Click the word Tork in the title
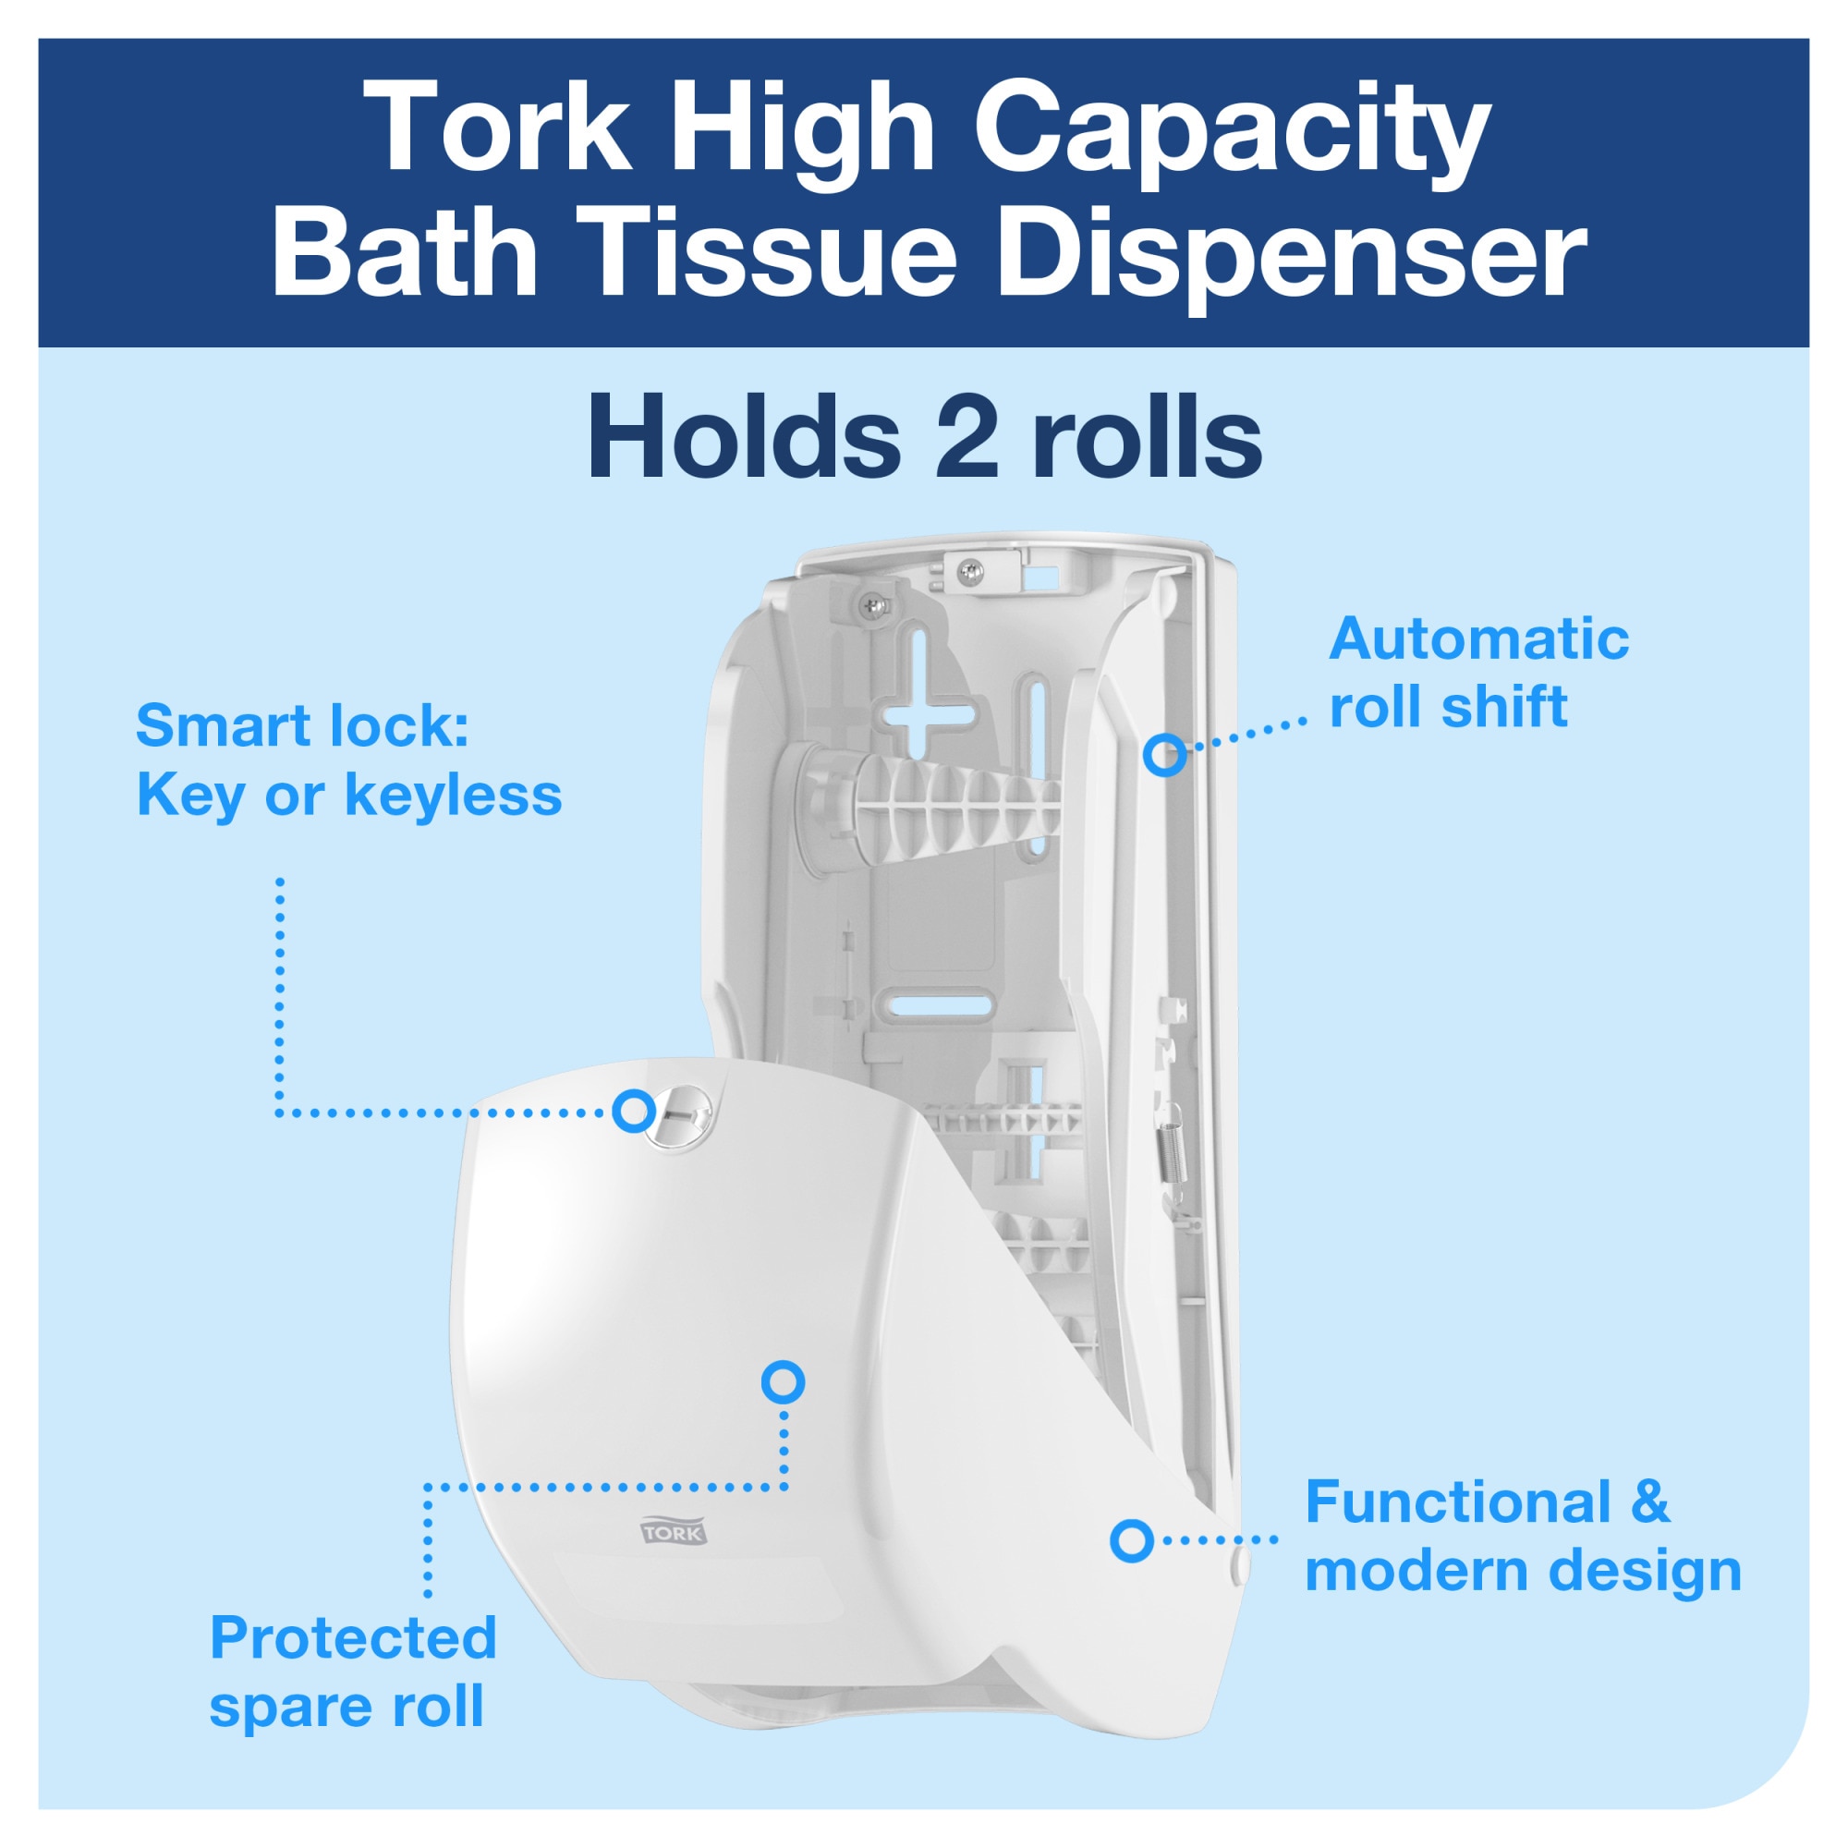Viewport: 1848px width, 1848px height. coord(505,128)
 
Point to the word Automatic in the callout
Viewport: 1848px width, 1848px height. coord(1478,639)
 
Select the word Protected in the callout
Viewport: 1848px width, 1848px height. coord(353,1637)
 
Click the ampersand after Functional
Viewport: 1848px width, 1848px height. coord(1650,1501)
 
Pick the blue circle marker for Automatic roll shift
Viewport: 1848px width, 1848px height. coord(1165,755)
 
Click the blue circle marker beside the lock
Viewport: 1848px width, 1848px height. coord(633,1112)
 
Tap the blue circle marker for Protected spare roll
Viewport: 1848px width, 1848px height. coord(783,1382)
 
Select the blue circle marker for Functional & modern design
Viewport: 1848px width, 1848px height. coord(1132,1541)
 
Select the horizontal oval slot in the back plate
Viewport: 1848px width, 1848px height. coord(936,1003)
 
